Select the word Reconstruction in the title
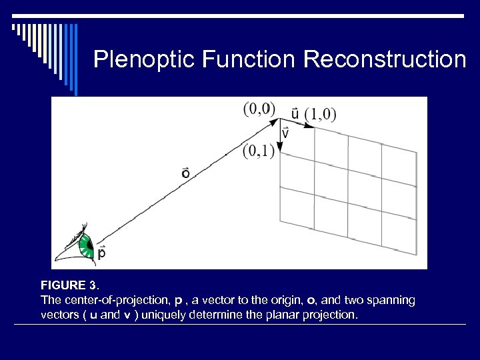385,60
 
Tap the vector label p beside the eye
102,253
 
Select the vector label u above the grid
294,113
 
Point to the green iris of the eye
85,246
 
